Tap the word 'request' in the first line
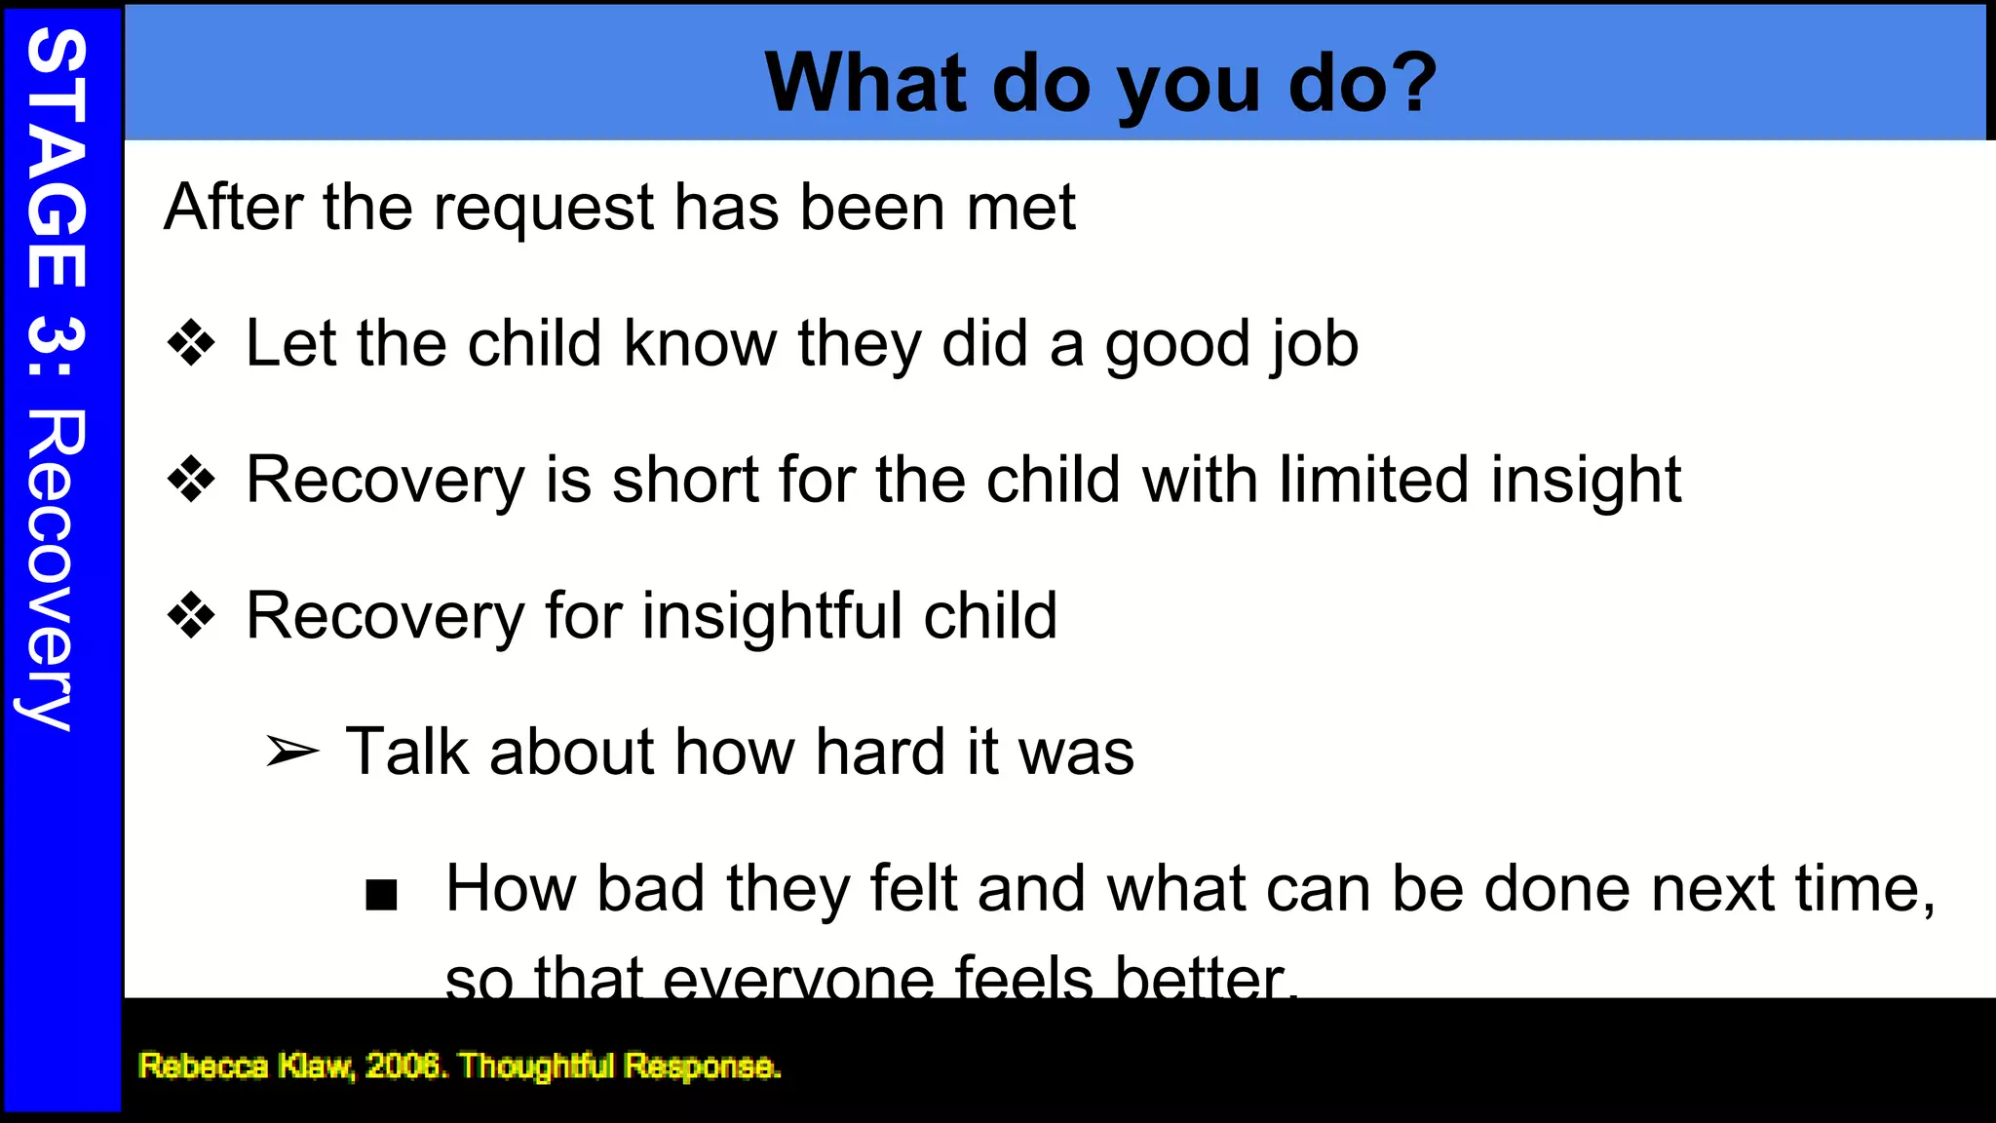(x=544, y=209)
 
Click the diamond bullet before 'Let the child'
(x=191, y=344)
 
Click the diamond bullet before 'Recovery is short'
(x=191, y=480)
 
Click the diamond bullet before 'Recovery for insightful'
(x=191, y=616)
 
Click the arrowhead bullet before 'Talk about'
(x=292, y=753)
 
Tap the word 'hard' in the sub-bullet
(x=880, y=753)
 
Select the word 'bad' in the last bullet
(x=651, y=889)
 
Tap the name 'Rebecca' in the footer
(x=203, y=1065)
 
